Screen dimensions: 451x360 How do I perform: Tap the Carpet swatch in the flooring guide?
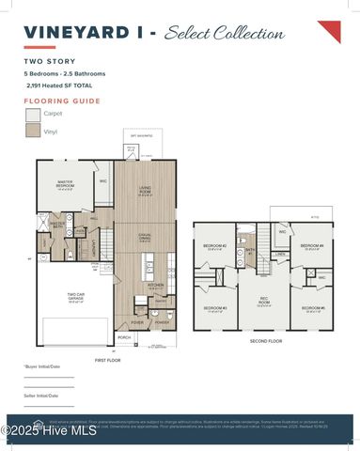click(x=32, y=114)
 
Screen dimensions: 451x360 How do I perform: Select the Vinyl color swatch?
click(x=32, y=132)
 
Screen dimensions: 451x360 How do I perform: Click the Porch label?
click(x=124, y=336)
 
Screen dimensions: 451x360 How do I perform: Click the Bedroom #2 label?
click(x=215, y=246)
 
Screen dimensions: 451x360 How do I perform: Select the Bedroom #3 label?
click(x=215, y=307)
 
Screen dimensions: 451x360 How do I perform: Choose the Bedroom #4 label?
click(x=313, y=246)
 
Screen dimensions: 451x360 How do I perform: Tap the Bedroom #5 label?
click(x=313, y=307)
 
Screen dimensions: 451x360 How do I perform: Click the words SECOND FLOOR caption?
click(x=266, y=341)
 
